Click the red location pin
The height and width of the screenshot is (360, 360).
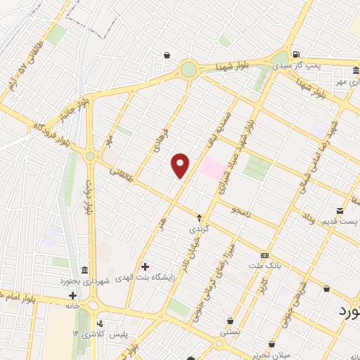(x=181, y=165)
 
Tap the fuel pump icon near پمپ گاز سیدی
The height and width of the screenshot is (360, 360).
(x=297, y=54)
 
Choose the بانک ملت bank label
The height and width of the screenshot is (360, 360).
(x=264, y=266)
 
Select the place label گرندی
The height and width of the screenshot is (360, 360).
(x=198, y=229)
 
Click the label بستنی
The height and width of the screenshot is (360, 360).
(x=230, y=330)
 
